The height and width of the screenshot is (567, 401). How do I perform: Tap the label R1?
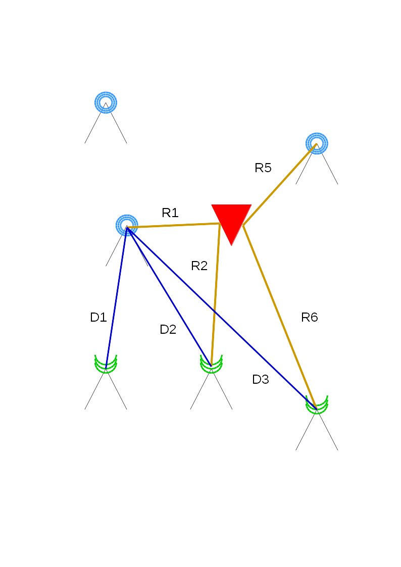(170, 213)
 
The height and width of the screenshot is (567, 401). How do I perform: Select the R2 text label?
(199, 266)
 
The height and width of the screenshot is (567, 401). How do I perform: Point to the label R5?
(263, 168)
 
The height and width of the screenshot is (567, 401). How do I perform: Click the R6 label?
(310, 318)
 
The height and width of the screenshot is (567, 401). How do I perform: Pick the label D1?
(98, 318)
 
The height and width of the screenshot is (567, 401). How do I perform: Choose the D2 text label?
(168, 330)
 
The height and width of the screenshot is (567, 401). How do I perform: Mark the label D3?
(261, 380)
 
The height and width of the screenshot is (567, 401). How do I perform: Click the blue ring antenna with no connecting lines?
(106, 102)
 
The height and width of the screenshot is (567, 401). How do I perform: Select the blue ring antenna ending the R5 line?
(317, 143)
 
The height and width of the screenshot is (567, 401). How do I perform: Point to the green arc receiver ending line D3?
(317, 404)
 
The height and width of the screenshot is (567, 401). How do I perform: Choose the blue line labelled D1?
(116, 298)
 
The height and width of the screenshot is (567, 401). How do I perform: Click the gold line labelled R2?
(216, 293)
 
